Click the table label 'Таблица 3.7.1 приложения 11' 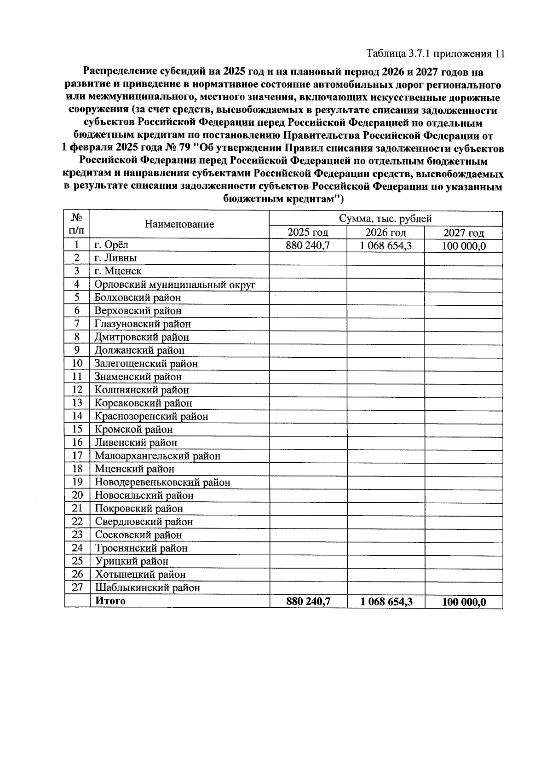(x=436, y=54)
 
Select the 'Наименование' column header (x=179, y=224)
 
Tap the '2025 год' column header (x=308, y=233)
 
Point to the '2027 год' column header (x=463, y=233)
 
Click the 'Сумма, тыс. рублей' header (x=385, y=218)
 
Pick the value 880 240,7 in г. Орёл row (x=308, y=245)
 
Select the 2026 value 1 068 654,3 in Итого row (x=385, y=602)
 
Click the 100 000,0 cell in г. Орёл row (x=464, y=246)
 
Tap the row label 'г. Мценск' (x=118, y=271)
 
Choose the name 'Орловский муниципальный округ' (x=175, y=285)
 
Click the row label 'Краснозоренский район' (x=151, y=417)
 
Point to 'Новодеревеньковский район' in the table (x=162, y=483)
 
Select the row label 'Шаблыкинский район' (x=148, y=588)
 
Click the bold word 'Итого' (x=110, y=601)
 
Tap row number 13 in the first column (x=77, y=403)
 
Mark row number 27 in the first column (x=77, y=587)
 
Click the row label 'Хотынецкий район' (x=140, y=575)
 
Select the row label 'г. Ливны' (x=115, y=258)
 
